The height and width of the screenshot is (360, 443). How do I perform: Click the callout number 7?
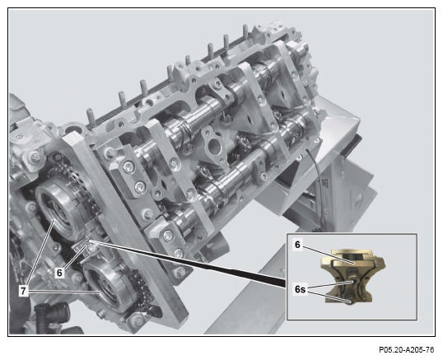[23, 291]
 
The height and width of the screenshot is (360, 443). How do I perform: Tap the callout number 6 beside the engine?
[59, 273]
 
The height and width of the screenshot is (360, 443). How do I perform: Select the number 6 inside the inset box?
[297, 245]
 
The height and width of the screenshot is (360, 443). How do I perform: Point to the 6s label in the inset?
[300, 289]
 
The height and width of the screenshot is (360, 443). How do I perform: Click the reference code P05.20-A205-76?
[406, 350]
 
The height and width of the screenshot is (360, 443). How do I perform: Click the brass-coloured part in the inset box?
[353, 276]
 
